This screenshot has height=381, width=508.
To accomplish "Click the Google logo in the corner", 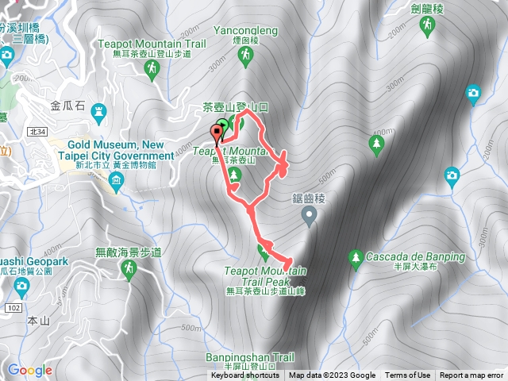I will tap(30, 370).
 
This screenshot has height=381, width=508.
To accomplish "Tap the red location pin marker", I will tap(217, 133).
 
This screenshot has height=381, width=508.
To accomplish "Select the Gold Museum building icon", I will tap(117, 183).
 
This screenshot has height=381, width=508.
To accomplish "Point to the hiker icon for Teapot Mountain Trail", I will tap(152, 71).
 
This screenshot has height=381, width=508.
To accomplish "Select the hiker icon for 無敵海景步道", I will tap(128, 273).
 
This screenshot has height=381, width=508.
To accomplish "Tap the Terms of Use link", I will tap(408, 375).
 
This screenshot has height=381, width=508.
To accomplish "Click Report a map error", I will tap(472, 375).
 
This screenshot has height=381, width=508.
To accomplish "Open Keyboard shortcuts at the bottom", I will tap(244, 375).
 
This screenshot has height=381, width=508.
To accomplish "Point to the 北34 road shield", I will tap(59, 131).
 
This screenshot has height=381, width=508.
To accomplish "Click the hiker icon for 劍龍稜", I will tap(428, 27).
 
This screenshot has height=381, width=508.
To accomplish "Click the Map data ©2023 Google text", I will tap(333, 375).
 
